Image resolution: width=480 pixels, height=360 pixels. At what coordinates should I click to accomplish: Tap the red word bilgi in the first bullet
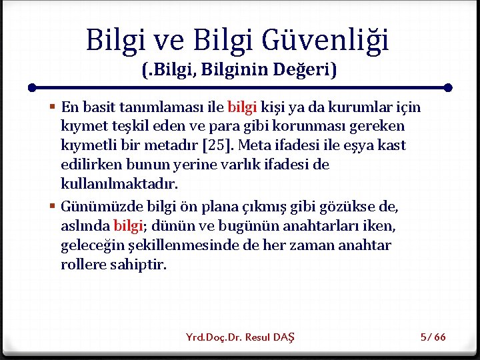(242, 107)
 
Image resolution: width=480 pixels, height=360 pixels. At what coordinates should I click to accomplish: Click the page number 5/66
(433, 337)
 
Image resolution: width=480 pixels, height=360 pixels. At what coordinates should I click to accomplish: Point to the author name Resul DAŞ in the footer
(270, 337)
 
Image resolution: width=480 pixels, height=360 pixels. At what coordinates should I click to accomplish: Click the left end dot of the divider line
(32, 87)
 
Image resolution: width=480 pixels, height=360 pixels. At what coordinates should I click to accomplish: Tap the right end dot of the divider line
(448, 87)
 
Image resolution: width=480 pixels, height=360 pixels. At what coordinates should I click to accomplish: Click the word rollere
(83, 265)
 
